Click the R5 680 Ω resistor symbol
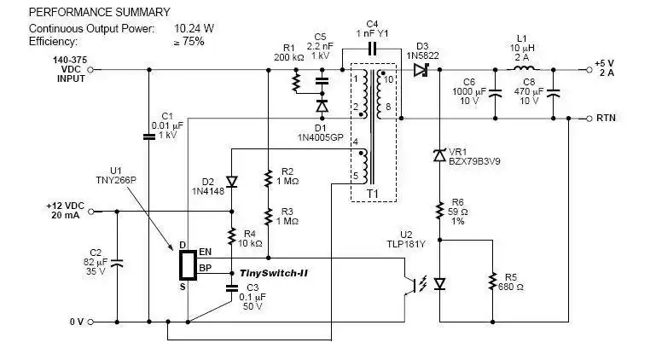pyautogui.click(x=491, y=281)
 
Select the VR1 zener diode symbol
pyautogui.click(x=439, y=154)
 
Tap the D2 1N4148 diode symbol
pyautogui.click(x=231, y=181)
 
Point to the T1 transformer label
pyautogui.click(x=373, y=193)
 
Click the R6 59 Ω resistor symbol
pyautogui.click(x=439, y=209)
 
